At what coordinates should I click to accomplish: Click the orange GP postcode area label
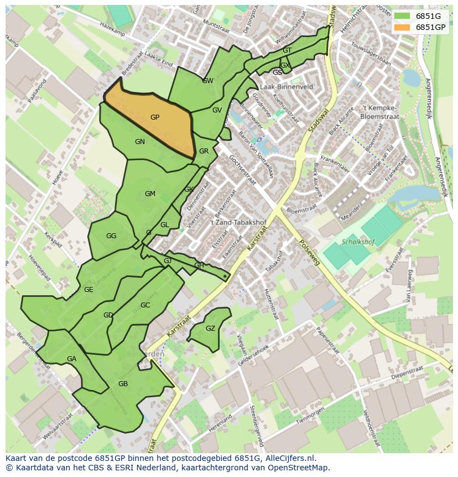(x=155, y=117)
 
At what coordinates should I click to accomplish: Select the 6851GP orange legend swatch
(x=402, y=27)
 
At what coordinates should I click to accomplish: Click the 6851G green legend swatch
(x=402, y=16)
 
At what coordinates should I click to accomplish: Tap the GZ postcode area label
(x=210, y=329)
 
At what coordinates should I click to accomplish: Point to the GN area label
(x=140, y=142)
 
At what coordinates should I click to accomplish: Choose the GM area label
(x=150, y=194)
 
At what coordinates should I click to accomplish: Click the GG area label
(x=111, y=236)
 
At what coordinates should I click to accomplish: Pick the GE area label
(x=89, y=290)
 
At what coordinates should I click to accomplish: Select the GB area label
(x=123, y=384)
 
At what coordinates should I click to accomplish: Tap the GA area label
(x=71, y=359)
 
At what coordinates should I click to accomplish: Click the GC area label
(x=145, y=305)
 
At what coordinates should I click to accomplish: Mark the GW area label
(x=207, y=81)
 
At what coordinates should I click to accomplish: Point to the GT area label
(x=287, y=50)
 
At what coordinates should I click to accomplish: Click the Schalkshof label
(x=358, y=242)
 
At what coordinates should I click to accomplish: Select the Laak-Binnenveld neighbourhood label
(x=286, y=87)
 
